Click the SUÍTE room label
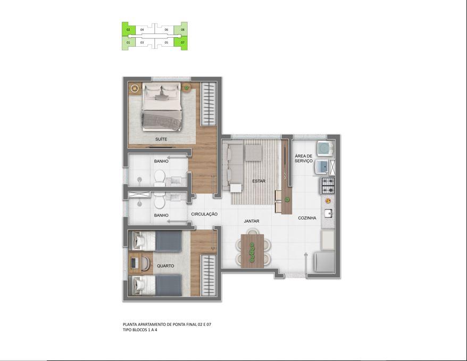(x=161, y=139)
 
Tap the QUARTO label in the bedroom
(x=165, y=266)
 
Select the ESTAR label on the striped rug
(x=259, y=181)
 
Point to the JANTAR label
(x=252, y=221)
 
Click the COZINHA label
(x=307, y=218)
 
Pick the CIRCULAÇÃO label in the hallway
(x=204, y=214)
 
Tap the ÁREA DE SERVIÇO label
(x=304, y=158)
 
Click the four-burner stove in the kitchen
(x=328, y=186)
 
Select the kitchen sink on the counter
(x=329, y=213)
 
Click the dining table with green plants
(x=253, y=251)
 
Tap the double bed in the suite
(x=162, y=106)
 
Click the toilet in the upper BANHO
(x=160, y=178)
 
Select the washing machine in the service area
(x=325, y=148)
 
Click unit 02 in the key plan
(x=129, y=30)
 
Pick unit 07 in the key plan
(x=182, y=43)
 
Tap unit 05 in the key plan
(x=166, y=43)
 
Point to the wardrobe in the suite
(x=209, y=104)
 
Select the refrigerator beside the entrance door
(x=325, y=262)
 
